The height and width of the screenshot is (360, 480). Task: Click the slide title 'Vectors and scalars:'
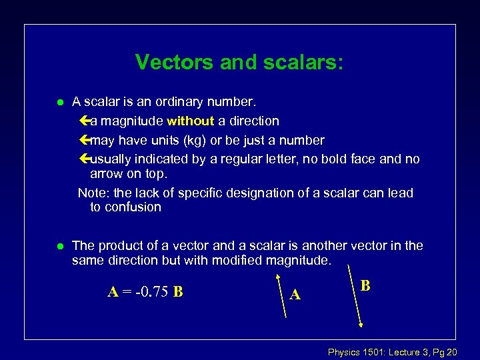[240, 62]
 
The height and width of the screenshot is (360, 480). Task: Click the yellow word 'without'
[190, 121]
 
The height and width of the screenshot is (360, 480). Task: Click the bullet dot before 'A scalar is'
[59, 103]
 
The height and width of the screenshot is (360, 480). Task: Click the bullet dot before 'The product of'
[59, 246]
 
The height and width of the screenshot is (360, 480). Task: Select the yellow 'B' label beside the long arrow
[365, 285]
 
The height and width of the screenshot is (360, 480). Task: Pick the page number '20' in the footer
[451, 352]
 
